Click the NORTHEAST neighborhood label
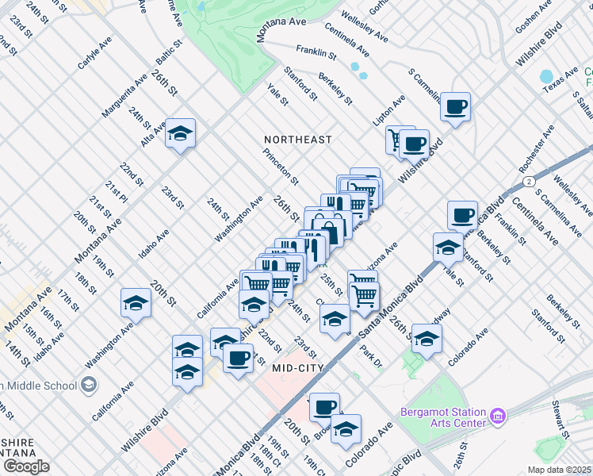click(x=297, y=140)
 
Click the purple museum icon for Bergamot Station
click(x=498, y=416)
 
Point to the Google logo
click(x=25, y=467)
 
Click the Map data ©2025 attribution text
click(x=558, y=470)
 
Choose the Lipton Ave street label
click(x=389, y=109)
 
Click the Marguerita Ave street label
click(x=124, y=97)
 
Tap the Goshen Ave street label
click(x=533, y=15)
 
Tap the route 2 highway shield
click(x=527, y=181)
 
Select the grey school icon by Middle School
click(x=89, y=386)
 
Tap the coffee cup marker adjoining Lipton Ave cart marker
click(x=414, y=144)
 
